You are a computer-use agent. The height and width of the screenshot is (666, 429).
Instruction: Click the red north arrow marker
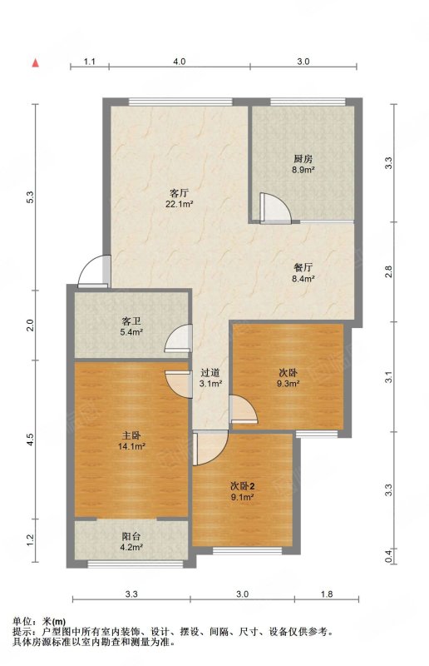coord(36,62)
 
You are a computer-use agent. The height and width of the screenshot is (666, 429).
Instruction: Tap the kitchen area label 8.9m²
coord(303,170)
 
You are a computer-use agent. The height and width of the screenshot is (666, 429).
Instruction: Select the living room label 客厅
coord(179,193)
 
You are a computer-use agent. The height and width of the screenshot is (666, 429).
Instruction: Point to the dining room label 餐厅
coord(303,268)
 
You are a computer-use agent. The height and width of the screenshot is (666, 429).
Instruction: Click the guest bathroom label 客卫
coord(131,321)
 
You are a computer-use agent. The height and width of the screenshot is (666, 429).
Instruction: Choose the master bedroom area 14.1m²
coord(131,446)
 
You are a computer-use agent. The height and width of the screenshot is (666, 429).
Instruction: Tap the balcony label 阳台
coord(131,536)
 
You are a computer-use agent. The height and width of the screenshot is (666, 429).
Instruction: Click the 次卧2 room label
coord(243,486)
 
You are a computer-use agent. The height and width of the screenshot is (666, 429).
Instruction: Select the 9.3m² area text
coord(288,384)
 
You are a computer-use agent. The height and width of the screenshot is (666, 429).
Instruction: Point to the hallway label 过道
coord(210,373)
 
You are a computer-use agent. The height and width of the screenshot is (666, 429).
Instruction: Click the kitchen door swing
coord(275,207)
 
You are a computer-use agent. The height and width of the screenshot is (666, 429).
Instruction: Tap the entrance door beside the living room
coord(94,271)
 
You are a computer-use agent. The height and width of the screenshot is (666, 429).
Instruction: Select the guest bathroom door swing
coord(178,338)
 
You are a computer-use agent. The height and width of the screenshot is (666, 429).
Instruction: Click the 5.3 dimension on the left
coord(30,198)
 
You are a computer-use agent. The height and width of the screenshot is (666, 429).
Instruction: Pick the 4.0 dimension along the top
coord(179,62)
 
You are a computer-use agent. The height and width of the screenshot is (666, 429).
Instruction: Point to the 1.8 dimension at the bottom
coord(327,594)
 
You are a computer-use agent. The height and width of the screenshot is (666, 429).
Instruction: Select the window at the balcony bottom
coord(135,564)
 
